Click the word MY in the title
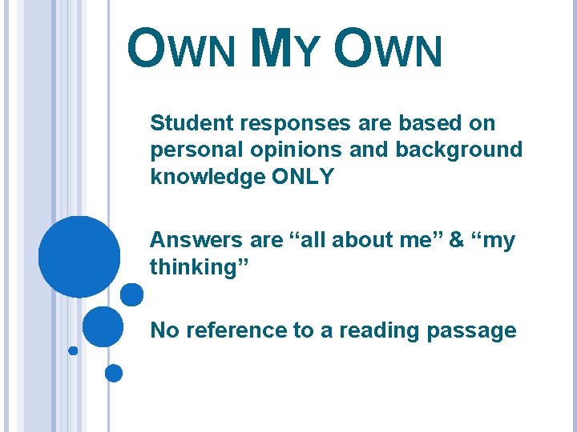[285, 50]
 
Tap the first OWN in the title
[181, 50]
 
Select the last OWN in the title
[388, 50]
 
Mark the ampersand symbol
[456, 240]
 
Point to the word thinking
[196, 266]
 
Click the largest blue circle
[79, 257]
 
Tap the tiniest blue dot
[73, 350]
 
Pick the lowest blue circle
[114, 373]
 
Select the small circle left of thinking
[131, 294]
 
